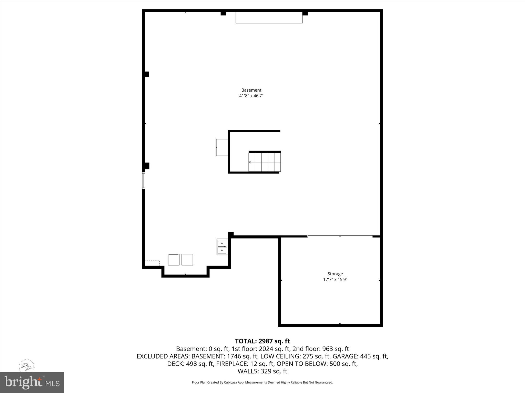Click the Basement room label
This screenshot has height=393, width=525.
click(251, 90)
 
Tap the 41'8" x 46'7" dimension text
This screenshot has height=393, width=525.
click(251, 96)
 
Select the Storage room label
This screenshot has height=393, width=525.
click(335, 274)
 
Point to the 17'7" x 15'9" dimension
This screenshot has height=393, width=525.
click(335, 280)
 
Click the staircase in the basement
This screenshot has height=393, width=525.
click(265, 162)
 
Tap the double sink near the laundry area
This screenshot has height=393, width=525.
click(222, 247)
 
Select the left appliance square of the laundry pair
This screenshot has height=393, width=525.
click(174, 260)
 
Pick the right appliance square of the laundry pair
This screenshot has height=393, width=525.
click(187, 260)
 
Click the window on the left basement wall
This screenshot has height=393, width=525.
click(144, 181)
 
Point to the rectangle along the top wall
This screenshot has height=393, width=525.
click(269, 18)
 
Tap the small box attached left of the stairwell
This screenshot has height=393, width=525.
click(222, 147)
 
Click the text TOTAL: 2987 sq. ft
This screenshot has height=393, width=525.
click(262, 341)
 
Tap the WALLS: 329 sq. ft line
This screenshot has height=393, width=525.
click(262, 371)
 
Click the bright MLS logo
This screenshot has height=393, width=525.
click(32, 383)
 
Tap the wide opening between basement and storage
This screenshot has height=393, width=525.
click(340, 236)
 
